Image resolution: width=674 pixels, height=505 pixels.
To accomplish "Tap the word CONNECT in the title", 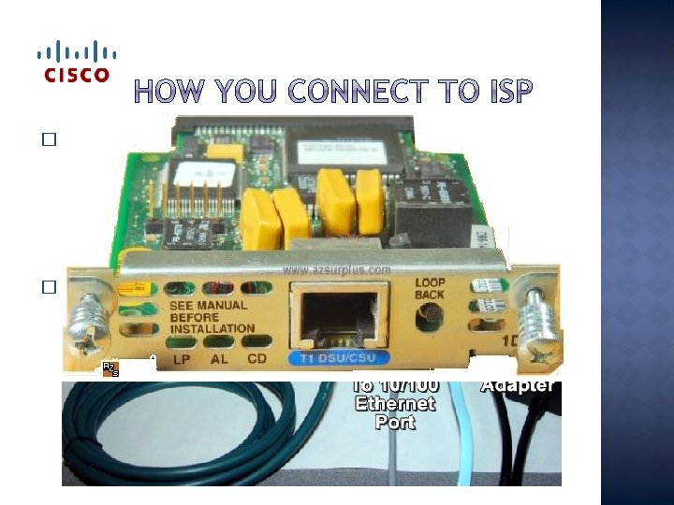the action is (339, 93).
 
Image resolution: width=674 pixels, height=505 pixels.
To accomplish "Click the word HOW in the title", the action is (173, 93).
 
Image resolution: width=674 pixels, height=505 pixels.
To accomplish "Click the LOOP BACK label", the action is (431, 288).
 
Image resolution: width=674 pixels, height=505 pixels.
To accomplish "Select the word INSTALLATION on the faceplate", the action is (212, 329).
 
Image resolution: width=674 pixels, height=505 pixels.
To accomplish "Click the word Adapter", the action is (520, 385).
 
